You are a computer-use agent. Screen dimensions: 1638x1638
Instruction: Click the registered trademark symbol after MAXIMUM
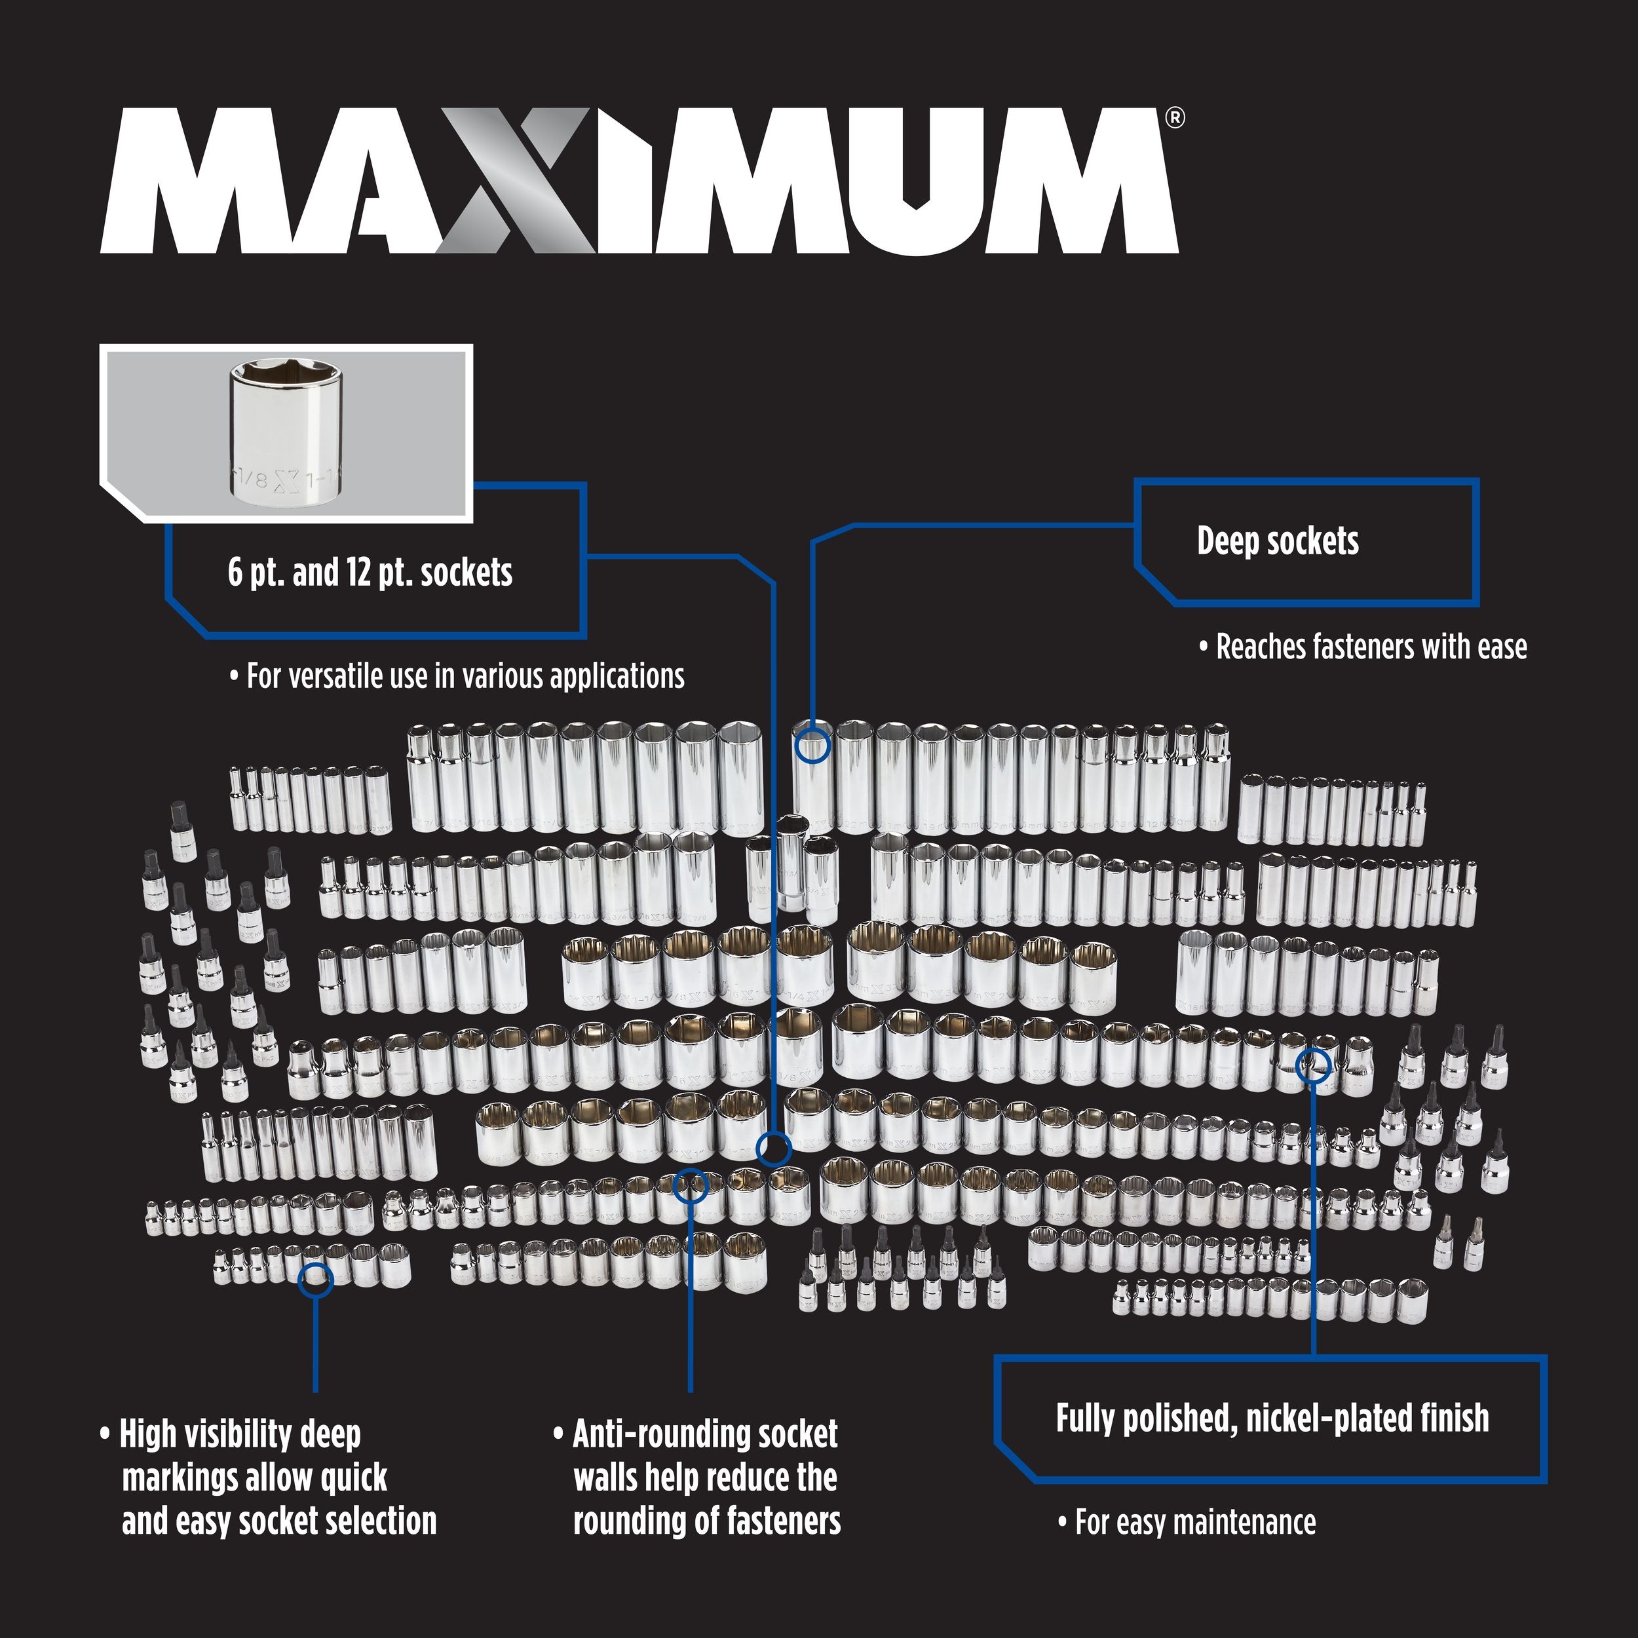tap(1174, 118)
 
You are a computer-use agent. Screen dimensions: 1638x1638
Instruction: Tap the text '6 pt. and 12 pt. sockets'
tap(370, 573)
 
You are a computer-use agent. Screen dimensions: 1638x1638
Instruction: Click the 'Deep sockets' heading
tap(1277, 541)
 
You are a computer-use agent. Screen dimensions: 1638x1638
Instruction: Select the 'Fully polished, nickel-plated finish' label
tap(1272, 1419)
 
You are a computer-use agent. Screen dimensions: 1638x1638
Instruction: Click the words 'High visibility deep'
tap(240, 1434)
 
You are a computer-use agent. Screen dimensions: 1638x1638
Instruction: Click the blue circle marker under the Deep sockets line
tap(812, 746)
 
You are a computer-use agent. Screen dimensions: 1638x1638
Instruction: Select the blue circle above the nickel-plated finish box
tap(1312, 1064)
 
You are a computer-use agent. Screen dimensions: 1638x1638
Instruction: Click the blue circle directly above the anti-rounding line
tap(689, 1185)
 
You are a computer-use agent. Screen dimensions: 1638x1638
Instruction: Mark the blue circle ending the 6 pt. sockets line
tap(773, 1149)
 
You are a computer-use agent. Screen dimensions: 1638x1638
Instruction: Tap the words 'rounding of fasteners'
tap(706, 1522)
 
